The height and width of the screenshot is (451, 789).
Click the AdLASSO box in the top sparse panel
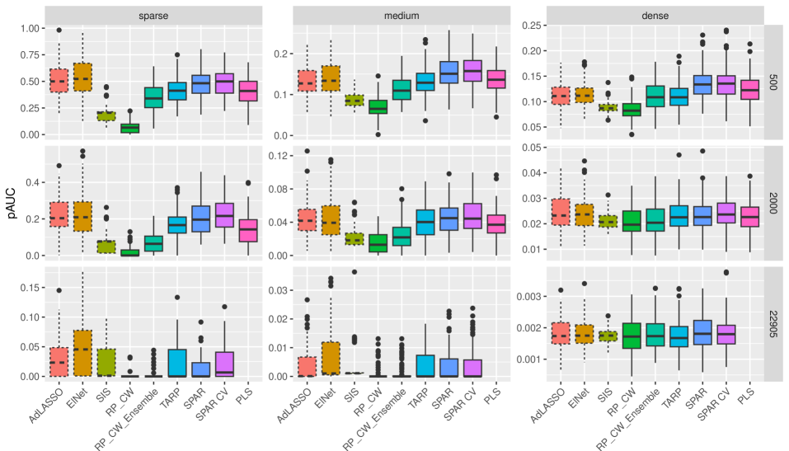(59, 81)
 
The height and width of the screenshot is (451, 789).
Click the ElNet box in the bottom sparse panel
(82, 353)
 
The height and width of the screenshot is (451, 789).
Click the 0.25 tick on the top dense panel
(529, 26)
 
